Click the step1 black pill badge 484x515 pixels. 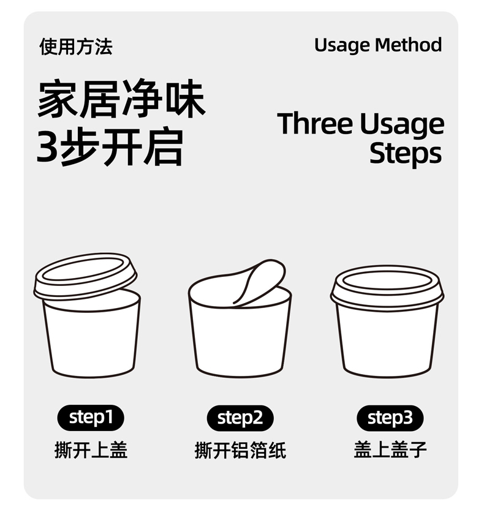tap(91, 418)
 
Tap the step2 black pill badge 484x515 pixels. tap(240, 418)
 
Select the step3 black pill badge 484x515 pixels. tap(390, 418)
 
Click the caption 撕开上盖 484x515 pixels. tap(91, 449)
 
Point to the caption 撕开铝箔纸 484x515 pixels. tap(241, 449)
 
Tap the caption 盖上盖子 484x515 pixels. tap(390, 449)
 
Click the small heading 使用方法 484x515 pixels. tap(76, 47)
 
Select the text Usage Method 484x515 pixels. tap(378, 45)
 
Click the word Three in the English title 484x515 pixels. tap(314, 124)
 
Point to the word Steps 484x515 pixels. tap(406, 154)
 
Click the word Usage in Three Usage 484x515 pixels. tap(402, 125)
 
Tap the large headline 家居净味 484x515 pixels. tap(121, 99)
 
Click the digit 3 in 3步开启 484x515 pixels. tap(47, 146)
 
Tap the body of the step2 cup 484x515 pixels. tap(240, 342)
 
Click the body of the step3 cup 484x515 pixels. tap(387, 342)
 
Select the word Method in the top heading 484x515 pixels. tap(409, 45)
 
